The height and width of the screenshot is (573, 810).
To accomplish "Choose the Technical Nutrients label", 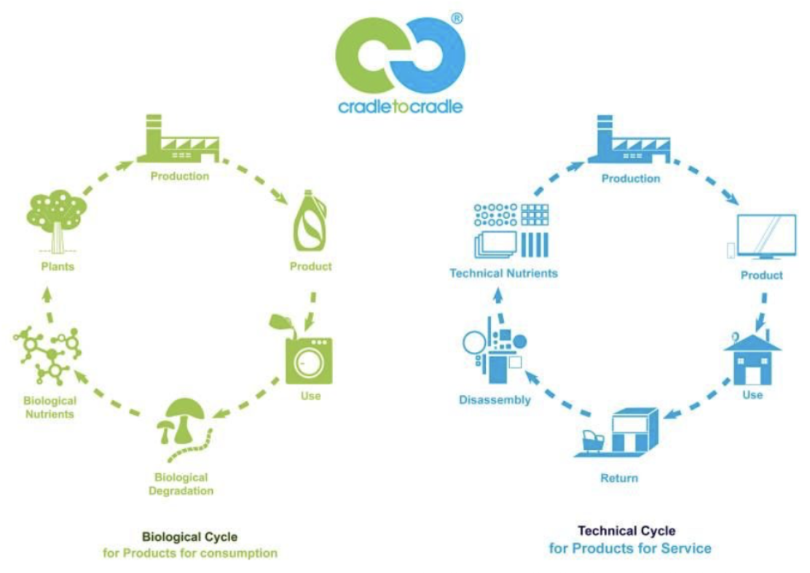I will [503, 273].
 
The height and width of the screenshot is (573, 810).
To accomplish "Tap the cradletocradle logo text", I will [400, 107].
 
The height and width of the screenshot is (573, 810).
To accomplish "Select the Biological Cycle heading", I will [190, 537].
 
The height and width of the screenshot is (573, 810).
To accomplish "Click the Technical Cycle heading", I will [626, 531].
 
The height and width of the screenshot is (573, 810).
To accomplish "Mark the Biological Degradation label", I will [181, 484].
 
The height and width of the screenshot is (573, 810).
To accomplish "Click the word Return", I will [619, 478].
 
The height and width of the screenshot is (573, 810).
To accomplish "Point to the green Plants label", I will [58, 266].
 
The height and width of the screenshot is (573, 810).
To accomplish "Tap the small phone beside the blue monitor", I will [731, 250].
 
